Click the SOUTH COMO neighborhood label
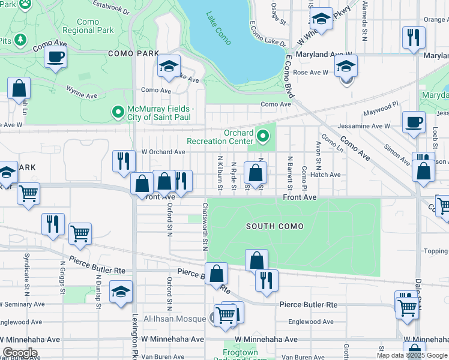point(274,226)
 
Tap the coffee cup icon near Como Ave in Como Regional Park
point(55,58)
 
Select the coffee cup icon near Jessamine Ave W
point(413,122)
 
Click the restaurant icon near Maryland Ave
point(413,38)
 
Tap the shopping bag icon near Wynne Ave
point(19,89)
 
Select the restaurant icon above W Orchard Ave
point(124,161)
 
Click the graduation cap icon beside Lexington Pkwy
point(121,292)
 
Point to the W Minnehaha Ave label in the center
point(266,340)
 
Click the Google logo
point(20,353)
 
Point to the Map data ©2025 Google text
point(411,355)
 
